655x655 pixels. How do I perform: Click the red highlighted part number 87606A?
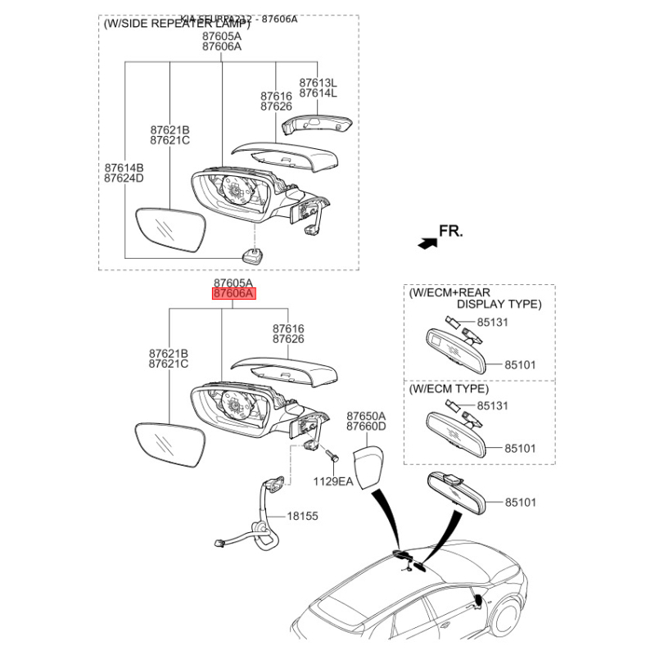[x=234, y=294]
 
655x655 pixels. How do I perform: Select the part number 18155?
[x=301, y=517]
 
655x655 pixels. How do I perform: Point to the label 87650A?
[x=366, y=416]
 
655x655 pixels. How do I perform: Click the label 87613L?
[x=318, y=83]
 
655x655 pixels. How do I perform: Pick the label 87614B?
[x=124, y=167]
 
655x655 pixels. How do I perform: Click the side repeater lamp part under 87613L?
[x=316, y=124]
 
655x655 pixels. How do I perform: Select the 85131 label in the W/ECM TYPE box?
[x=493, y=405]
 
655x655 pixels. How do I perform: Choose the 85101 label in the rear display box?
[x=519, y=364]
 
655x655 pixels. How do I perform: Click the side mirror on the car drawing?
[x=477, y=602]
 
